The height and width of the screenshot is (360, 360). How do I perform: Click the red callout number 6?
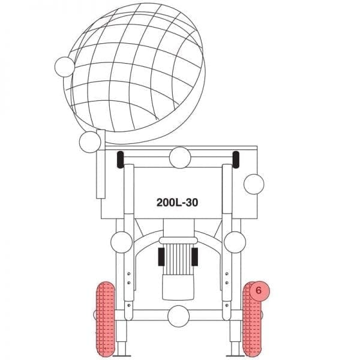tap(259, 290)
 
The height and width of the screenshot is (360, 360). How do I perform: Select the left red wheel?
tap(106, 319)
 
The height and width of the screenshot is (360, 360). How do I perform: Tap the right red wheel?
tap(252, 319)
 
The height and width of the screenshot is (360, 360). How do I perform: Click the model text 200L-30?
tap(177, 203)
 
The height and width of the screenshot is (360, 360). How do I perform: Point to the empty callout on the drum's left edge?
tap(65, 67)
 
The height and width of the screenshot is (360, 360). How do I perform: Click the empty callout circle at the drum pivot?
tap(90, 142)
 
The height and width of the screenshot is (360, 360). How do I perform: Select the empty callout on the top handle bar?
tap(180, 157)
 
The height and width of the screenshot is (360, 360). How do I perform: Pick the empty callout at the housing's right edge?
tap(254, 184)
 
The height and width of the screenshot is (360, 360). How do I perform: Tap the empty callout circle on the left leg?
tap(121, 242)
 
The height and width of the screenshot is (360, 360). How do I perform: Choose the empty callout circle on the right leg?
tap(235, 242)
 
